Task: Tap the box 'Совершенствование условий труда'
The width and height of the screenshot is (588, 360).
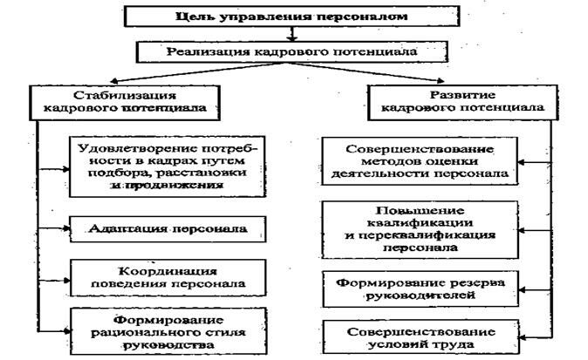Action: click(x=421, y=337)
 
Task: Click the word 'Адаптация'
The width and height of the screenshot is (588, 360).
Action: click(x=123, y=229)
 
